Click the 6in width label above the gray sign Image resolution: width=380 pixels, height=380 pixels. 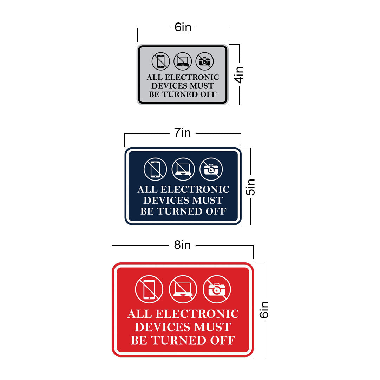coord(183,27)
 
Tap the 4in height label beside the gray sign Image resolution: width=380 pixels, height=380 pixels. coord(240,74)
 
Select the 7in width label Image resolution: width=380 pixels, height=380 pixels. coord(183,133)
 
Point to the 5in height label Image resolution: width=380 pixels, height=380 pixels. coord(250,187)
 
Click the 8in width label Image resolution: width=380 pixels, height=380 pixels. coord(183,245)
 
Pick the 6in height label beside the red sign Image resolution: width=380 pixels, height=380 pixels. coord(264,310)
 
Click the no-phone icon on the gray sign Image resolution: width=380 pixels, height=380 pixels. coord(161,61)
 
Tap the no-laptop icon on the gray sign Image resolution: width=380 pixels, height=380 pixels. coord(183,61)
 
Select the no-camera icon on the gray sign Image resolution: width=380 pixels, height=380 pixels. coord(204,61)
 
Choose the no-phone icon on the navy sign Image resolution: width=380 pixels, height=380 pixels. coord(155,169)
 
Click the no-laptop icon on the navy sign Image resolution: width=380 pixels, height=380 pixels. coord(183,169)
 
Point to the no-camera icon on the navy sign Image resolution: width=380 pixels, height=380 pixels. coord(211,169)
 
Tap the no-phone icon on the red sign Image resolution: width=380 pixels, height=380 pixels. coord(149,289)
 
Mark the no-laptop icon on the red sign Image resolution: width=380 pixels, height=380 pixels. coord(183,289)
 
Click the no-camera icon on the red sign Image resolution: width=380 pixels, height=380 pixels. coord(217,289)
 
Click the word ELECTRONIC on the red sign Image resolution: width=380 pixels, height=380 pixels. coord(197,314)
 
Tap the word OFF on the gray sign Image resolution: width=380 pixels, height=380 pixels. coord(208,94)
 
